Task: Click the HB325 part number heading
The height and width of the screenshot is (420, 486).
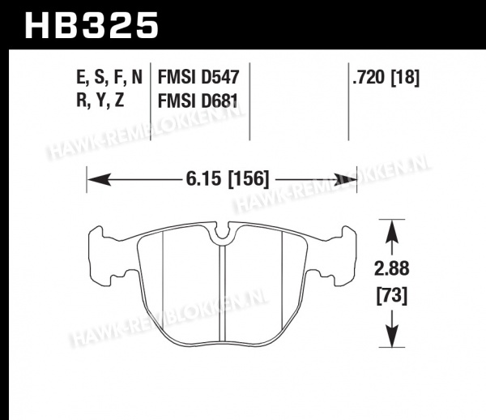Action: [x=92, y=25]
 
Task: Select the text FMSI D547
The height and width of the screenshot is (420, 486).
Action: [x=198, y=77]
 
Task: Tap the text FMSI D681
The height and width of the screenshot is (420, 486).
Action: [x=198, y=101]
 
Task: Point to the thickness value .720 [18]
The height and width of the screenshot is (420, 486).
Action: [x=386, y=77]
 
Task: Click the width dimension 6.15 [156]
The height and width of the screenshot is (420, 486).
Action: [x=228, y=179]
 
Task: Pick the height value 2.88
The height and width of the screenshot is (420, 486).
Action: [x=392, y=268]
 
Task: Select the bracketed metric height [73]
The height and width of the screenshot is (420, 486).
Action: [x=392, y=296]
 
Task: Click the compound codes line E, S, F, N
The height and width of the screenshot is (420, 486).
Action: [x=109, y=78]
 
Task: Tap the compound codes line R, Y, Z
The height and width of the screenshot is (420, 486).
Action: [x=100, y=101]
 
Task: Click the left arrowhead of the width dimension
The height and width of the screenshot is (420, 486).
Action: [x=99, y=180]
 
